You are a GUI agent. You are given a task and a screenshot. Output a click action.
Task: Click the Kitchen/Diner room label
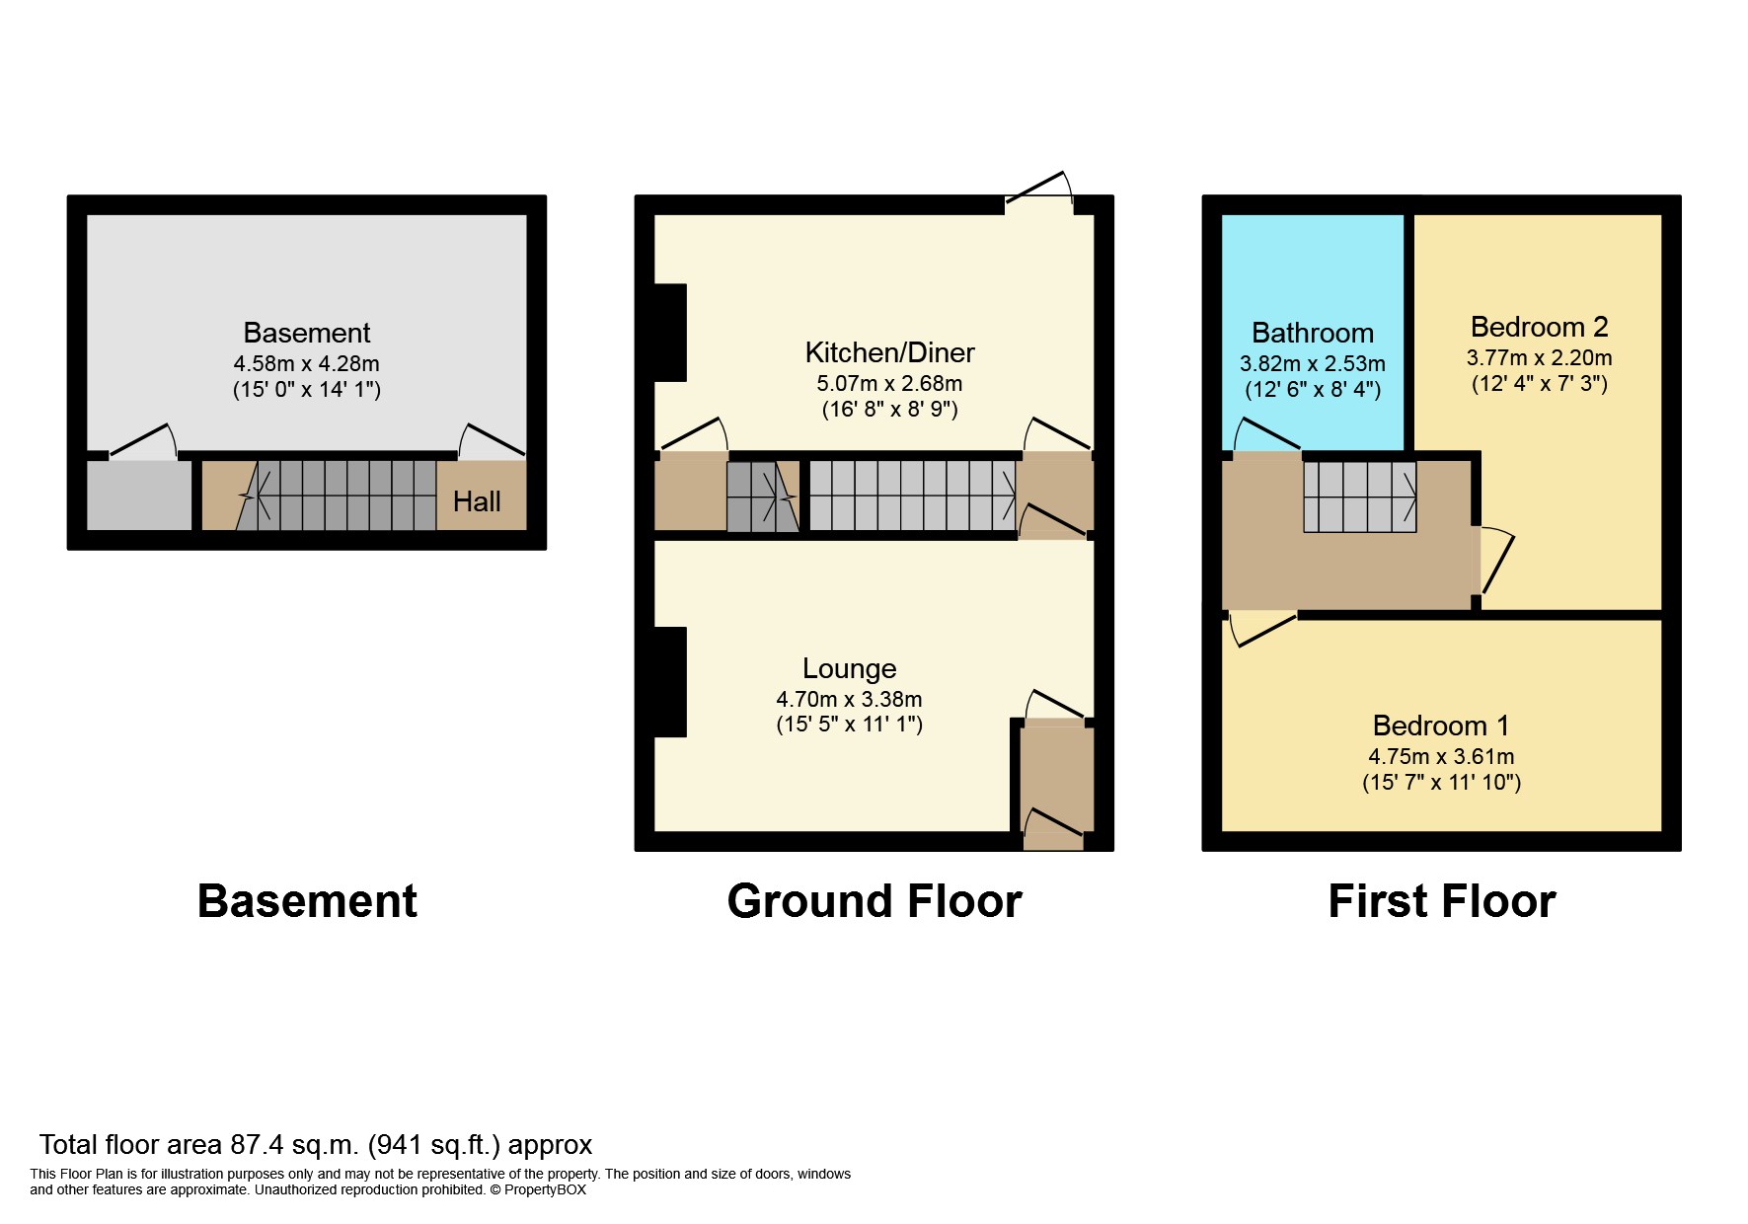889,352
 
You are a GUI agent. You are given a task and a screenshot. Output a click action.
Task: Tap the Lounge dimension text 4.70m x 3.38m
849,699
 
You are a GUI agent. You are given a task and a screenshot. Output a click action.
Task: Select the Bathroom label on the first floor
1313,333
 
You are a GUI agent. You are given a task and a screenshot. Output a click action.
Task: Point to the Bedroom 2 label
1539,327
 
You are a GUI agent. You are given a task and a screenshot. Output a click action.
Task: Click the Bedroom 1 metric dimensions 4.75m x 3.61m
1441,756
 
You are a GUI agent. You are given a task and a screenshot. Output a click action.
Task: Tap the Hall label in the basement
477,501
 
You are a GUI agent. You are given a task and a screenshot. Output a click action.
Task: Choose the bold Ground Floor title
874,901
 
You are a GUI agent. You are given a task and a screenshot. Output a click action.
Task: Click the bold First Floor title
1442,901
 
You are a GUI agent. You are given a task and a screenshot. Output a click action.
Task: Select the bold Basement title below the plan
307,901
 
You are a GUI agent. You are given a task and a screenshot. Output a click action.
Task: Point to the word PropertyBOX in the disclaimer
545,1189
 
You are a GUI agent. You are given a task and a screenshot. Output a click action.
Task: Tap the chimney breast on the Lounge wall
670,682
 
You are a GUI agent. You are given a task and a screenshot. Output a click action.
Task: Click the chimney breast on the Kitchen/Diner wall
670,333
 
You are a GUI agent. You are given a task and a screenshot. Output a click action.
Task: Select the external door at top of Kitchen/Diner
1039,191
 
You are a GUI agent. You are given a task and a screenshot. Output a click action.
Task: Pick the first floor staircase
1360,497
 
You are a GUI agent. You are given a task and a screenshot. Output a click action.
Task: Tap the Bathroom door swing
1266,435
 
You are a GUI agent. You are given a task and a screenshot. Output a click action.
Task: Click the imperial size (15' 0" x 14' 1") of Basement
307,389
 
